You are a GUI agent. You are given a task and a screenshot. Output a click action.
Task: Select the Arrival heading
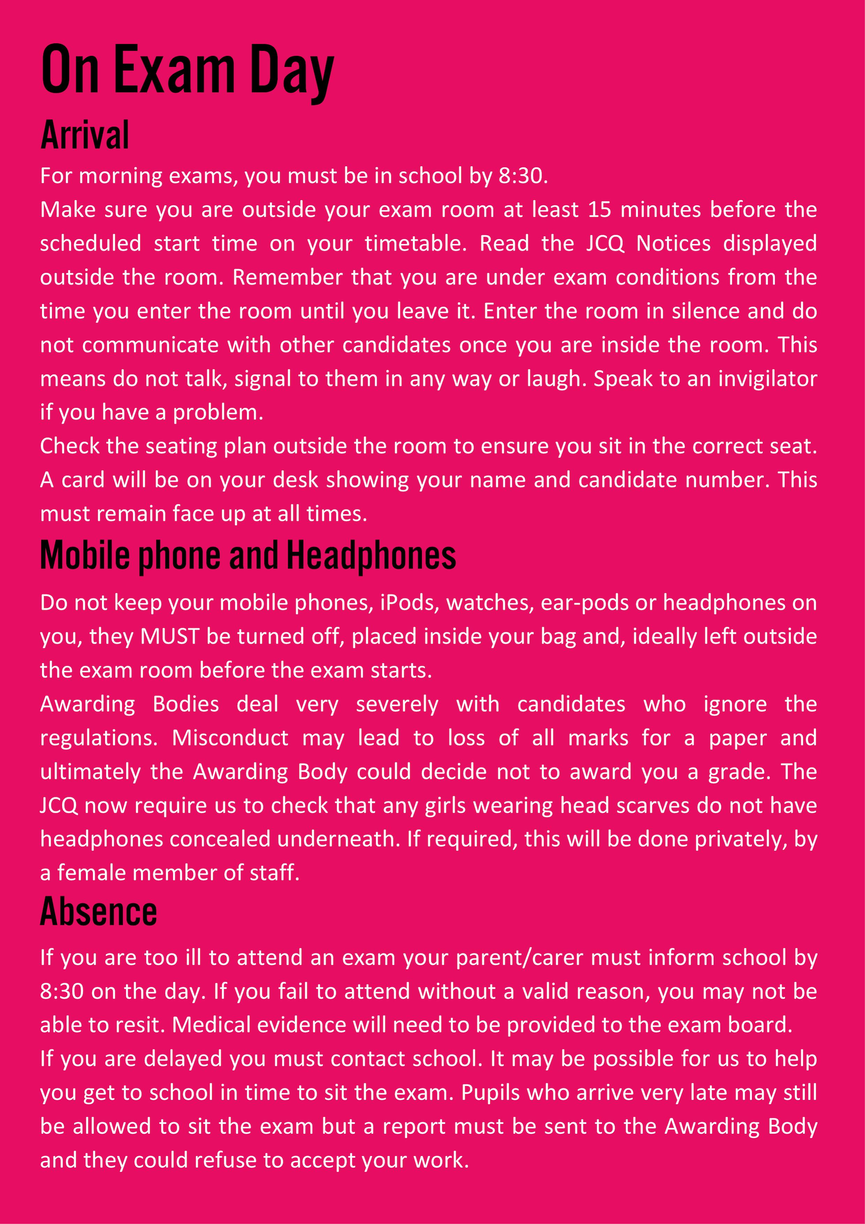point(85,135)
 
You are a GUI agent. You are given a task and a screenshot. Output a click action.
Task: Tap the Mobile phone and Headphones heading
point(248,556)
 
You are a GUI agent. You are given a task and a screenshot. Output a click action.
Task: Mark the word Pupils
point(490,1093)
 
